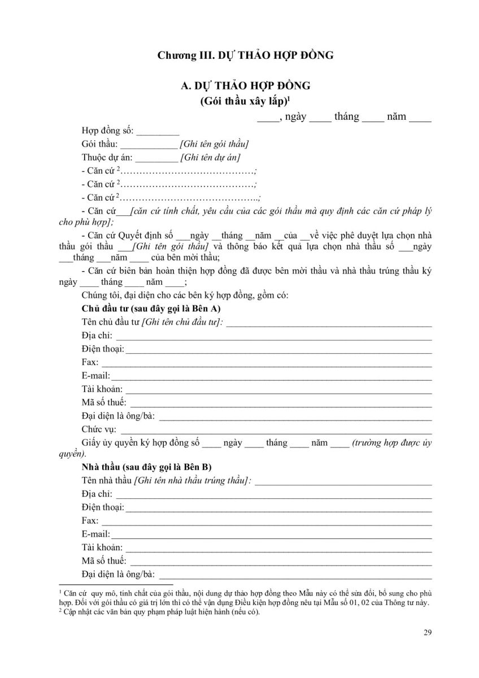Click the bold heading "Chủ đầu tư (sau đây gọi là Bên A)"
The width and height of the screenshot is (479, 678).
(x=151, y=309)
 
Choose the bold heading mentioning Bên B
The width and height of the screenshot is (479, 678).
(x=147, y=468)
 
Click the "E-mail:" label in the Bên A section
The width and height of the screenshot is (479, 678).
(x=95, y=376)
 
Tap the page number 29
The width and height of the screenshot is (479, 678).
(x=428, y=632)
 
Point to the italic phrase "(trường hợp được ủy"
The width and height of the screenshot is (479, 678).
(x=391, y=444)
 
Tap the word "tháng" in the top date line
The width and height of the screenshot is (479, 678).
(x=346, y=117)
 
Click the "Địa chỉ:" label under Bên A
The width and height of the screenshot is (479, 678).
(x=97, y=336)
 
